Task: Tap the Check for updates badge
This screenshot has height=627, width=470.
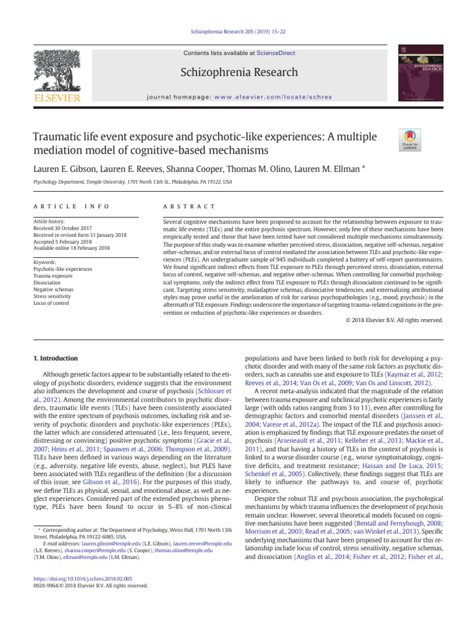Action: point(409,140)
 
